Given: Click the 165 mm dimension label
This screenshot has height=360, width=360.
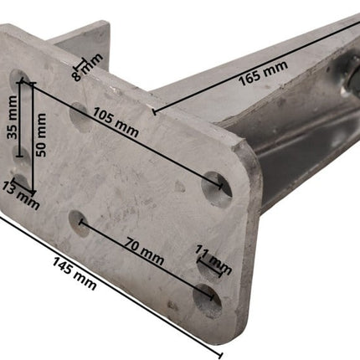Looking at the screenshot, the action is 263,73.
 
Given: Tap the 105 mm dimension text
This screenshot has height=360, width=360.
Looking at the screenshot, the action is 116,121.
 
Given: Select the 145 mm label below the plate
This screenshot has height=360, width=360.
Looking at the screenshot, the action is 75,274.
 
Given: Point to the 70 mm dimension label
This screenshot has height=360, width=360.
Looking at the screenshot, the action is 144,251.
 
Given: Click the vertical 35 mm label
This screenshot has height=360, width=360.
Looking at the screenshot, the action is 12,117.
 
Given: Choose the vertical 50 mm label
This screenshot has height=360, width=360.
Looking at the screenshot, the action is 41,135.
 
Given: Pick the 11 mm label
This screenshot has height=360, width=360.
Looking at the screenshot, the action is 213,260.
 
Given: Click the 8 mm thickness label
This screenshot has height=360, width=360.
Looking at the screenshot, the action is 87,67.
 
